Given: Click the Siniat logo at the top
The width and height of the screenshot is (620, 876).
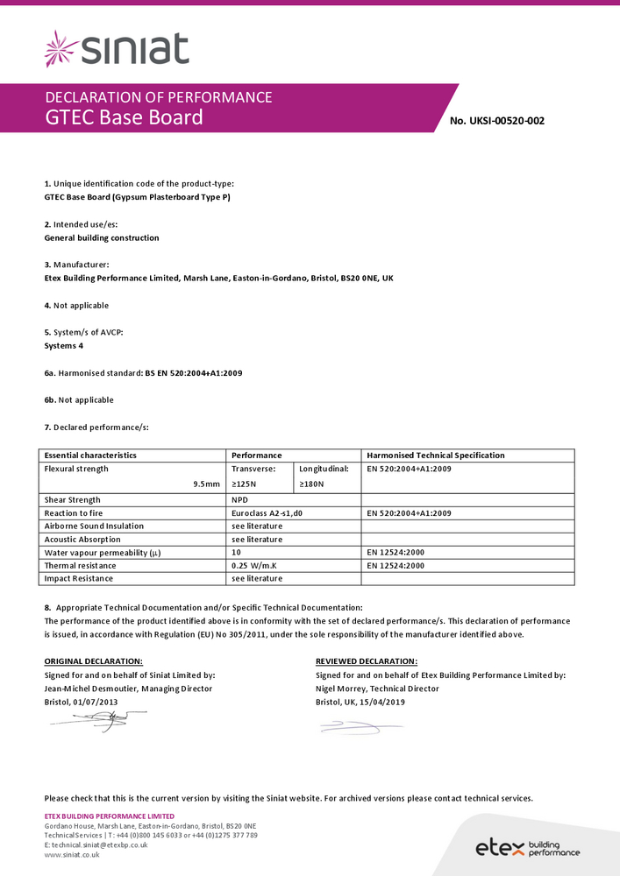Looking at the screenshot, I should pos(116,48).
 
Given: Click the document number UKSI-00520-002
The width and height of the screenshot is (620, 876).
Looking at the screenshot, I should pos(496,121).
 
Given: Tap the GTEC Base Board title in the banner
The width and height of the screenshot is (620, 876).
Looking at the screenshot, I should pos(124,117).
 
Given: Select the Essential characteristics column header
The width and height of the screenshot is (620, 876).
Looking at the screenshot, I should pos(90,456).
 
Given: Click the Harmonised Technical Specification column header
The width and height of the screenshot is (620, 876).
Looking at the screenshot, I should pos(436,456).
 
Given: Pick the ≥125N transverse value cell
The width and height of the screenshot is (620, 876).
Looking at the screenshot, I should pos(245,484).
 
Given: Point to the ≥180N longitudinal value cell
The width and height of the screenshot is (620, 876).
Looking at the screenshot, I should pos(311,484).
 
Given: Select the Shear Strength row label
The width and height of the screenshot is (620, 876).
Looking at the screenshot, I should pos(73,500).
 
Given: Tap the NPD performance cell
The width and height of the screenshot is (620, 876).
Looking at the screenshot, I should pos(240,500).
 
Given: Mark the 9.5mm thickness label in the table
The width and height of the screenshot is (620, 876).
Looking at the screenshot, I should pos(207,484).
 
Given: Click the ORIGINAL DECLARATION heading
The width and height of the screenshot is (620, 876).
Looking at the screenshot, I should pos(93,661).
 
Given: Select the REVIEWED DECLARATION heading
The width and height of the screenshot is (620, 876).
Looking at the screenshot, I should pos(367,661).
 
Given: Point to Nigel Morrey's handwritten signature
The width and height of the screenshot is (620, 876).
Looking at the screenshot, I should pos(355,726).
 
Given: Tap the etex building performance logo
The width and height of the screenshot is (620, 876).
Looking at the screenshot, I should pos(527,847).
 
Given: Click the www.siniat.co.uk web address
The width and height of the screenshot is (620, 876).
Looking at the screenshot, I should pos(72,855).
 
